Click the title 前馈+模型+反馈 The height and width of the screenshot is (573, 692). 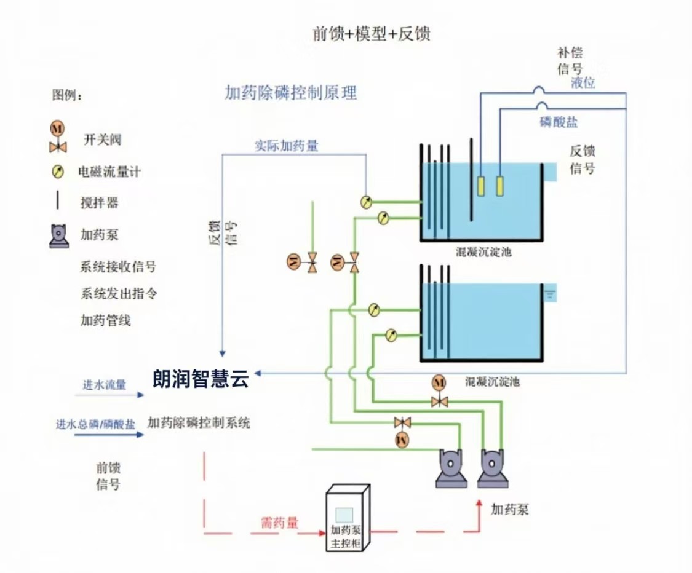371,34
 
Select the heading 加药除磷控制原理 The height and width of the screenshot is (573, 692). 290,93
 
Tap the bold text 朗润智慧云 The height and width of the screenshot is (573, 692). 201,379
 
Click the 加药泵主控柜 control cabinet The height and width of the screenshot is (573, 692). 348,518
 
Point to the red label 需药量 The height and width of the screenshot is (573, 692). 280,523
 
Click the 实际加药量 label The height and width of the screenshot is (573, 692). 287,146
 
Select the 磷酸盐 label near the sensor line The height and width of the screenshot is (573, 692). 559,122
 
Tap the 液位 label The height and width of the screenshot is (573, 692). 583,82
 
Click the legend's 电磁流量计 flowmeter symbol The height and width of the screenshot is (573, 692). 57,172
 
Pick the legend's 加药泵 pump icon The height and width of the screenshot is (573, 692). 59,236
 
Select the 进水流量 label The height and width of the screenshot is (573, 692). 104,385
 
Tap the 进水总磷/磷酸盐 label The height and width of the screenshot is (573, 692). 95,424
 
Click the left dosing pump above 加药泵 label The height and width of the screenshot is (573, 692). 451,468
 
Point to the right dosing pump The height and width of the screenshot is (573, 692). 493,468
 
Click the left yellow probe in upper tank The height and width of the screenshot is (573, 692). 481,186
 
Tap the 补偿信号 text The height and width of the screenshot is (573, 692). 570,61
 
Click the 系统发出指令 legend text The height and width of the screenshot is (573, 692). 119,293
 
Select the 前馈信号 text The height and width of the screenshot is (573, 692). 108,476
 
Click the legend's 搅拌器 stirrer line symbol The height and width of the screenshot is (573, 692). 57,200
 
